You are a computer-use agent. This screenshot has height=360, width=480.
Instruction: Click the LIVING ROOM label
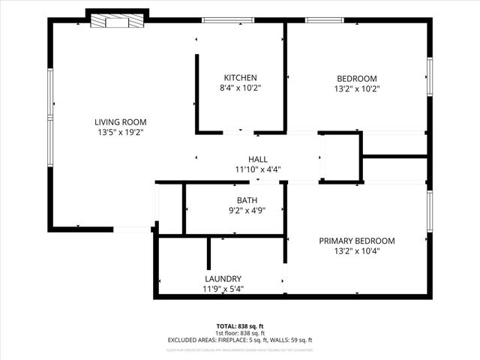(120, 121)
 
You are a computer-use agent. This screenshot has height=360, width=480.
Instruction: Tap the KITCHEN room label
(240, 78)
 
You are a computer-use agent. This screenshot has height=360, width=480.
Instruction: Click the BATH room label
(247, 200)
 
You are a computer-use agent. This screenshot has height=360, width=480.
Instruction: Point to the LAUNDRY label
(223, 278)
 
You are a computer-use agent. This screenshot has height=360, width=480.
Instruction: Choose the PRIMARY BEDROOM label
(356, 241)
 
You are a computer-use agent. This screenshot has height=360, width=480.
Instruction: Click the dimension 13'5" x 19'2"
(120, 132)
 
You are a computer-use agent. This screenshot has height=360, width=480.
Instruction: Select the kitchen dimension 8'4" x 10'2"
(240, 88)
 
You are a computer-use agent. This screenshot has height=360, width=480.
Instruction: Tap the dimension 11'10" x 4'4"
(257, 169)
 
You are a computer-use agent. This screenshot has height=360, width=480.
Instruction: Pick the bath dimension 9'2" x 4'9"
(247, 211)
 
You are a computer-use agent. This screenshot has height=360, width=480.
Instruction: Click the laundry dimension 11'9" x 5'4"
(223, 289)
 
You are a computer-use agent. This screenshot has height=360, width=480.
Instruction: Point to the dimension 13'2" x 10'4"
(356, 251)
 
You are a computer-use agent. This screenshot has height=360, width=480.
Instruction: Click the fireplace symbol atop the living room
(110, 22)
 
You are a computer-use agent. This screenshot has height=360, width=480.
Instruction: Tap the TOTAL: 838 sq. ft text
(239, 326)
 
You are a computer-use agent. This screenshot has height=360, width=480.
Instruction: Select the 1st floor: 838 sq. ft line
(239, 333)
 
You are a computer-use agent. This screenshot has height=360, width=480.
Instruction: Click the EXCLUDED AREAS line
(239, 340)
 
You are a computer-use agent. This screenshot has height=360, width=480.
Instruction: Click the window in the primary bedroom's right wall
(430, 211)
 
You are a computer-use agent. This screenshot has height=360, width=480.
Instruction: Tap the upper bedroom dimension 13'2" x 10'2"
(356, 88)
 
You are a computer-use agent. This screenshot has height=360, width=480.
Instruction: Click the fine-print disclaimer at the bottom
(239, 349)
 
